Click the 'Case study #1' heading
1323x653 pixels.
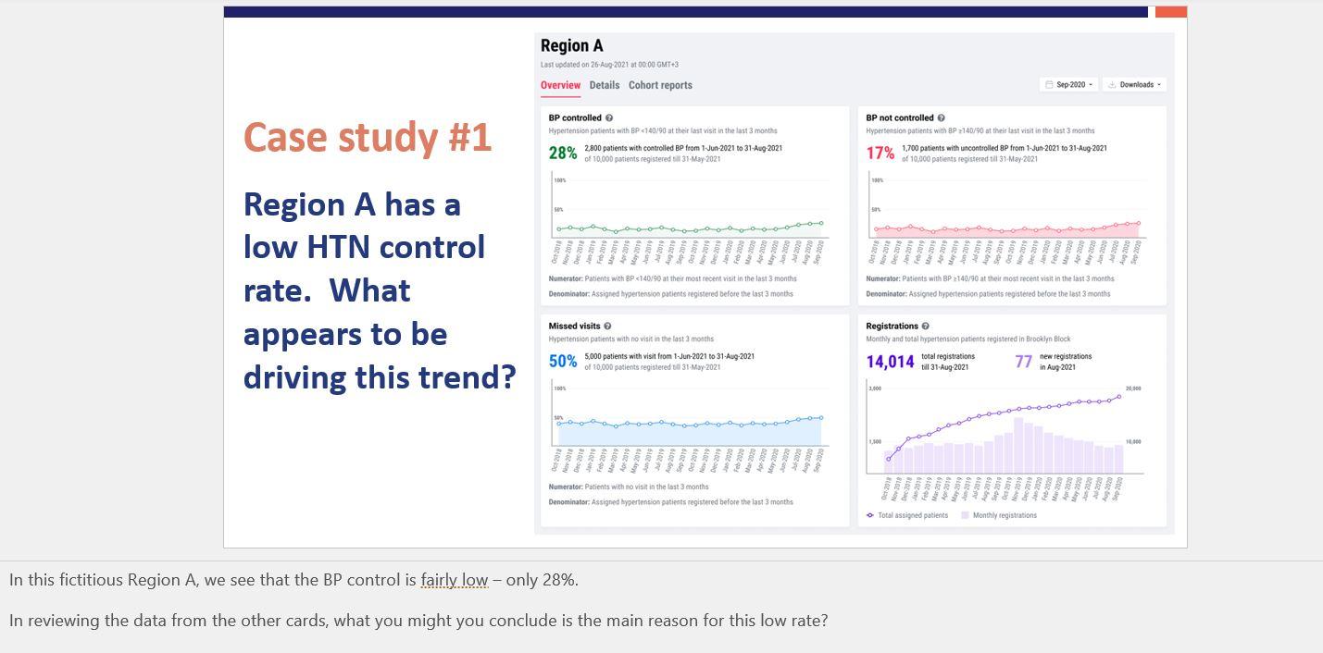pyautogui.click(x=368, y=138)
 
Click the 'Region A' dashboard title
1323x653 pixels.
pyautogui.click(x=571, y=45)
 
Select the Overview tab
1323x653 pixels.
pyautogui.click(x=560, y=85)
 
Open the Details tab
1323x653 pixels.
pyautogui.click(x=605, y=85)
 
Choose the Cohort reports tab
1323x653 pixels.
pyautogui.click(x=660, y=85)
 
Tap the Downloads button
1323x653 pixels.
pyautogui.click(x=1136, y=85)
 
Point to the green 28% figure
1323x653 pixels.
pyautogui.click(x=563, y=154)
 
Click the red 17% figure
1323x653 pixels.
pyautogui.click(x=880, y=154)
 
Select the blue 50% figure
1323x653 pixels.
pyautogui.click(x=563, y=362)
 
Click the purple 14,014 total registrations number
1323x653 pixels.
pyautogui.click(x=890, y=362)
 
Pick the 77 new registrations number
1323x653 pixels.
pyautogui.click(x=1023, y=362)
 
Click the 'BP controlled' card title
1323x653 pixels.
pyautogui.click(x=575, y=118)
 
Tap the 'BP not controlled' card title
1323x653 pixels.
pyautogui.click(x=900, y=118)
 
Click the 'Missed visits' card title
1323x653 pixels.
pyautogui.click(x=574, y=326)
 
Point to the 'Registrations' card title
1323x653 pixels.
pyautogui.click(x=892, y=326)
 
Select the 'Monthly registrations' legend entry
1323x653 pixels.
pyautogui.click(x=1004, y=515)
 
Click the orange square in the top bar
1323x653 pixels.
pyautogui.click(x=1170, y=12)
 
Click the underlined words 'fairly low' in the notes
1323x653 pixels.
pyautogui.click(x=454, y=580)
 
